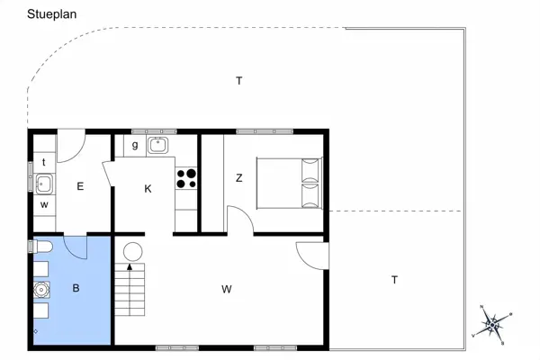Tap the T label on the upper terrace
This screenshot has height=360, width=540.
point(239,81)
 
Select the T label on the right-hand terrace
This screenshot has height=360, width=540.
point(394,280)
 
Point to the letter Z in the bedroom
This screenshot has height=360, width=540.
point(239,177)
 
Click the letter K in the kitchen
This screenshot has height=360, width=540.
point(148,189)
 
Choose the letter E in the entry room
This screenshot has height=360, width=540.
point(80,186)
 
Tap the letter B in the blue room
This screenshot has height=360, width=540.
point(76,289)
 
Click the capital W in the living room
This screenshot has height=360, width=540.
point(227,289)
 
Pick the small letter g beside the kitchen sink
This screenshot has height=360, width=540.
point(135,145)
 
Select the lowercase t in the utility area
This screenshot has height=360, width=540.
point(43,162)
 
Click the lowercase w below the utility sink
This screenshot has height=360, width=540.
point(43,204)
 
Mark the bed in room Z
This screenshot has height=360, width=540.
point(288,182)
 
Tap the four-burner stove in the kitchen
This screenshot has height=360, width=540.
point(186,179)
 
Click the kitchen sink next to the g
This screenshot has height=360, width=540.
point(159,144)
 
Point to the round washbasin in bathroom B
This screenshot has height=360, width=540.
point(40,290)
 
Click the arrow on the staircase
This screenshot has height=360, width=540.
point(131,267)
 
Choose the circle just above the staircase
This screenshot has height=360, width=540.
point(133,251)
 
